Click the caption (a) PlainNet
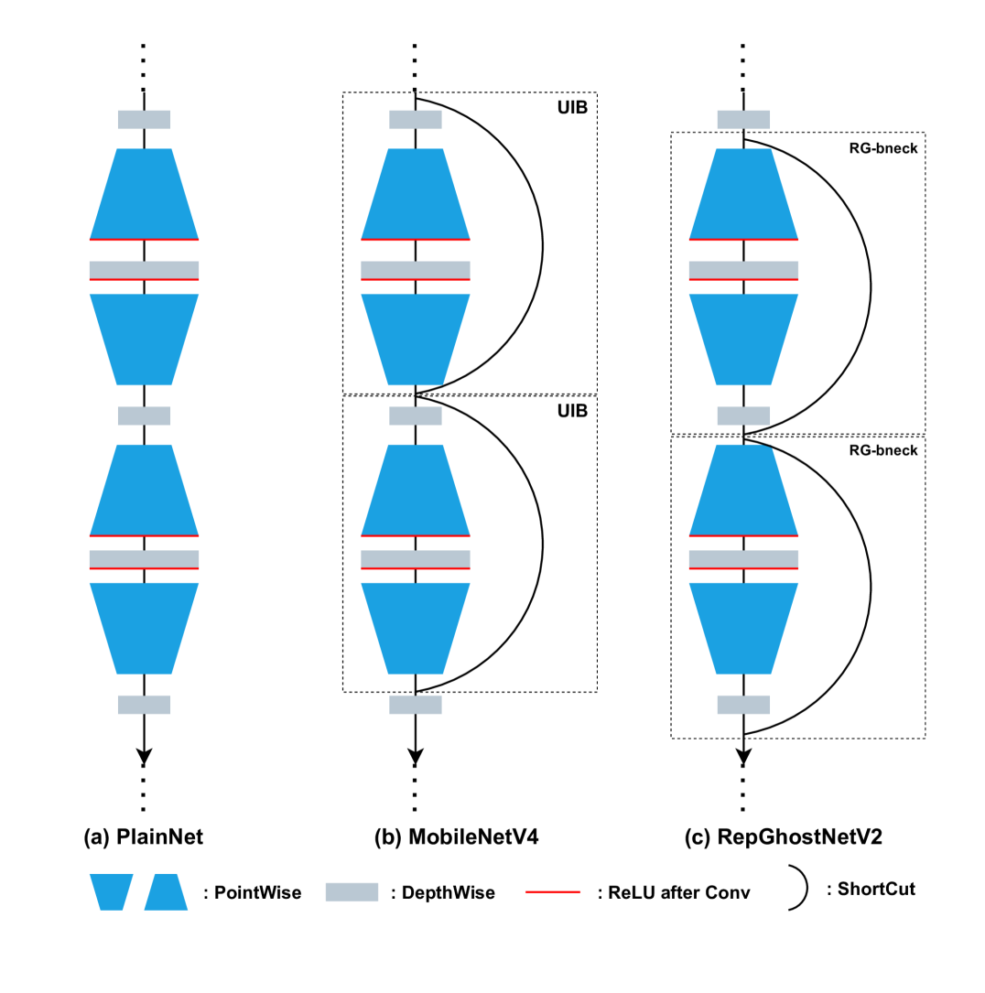143,836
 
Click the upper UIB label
572,108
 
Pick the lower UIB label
572,411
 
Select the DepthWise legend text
443,892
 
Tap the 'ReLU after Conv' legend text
673,892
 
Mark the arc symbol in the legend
800,888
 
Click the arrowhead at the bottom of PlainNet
144,756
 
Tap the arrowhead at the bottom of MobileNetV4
416,756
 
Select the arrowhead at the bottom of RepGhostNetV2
743,756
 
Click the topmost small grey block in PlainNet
144,119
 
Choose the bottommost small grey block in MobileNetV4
416,705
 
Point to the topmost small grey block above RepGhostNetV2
743,119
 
